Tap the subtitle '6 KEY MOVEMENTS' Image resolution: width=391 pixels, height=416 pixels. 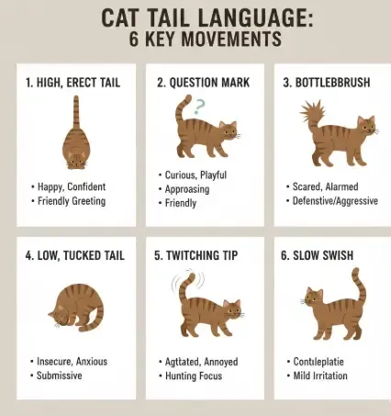pos(195,39)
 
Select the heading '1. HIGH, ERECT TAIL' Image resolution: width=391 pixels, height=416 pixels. pos(73,82)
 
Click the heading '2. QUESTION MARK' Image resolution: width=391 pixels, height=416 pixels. pos(200,82)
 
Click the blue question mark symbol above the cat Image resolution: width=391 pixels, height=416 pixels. pos(201,107)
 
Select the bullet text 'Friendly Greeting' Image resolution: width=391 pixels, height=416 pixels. pos(72,200)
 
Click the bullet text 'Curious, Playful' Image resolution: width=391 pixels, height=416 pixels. pos(195,174)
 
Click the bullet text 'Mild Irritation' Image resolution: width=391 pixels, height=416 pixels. pos(324,376)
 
